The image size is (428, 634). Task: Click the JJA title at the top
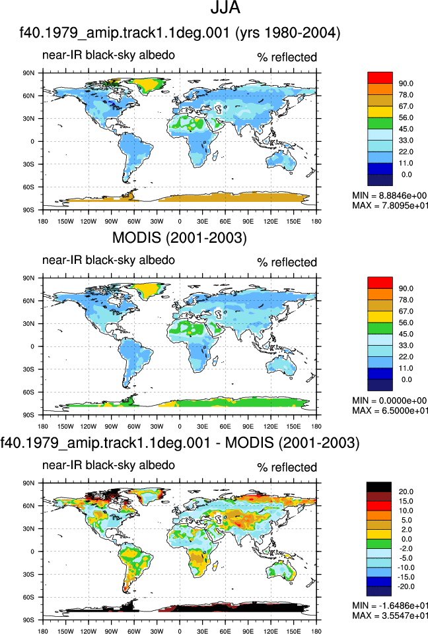click(225, 7)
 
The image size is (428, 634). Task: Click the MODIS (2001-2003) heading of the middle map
click(180, 238)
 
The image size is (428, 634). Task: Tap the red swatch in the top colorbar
click(380, 78)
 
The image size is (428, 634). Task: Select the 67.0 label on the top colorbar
click(406, 106)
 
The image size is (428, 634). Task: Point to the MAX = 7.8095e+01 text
click(390, 205)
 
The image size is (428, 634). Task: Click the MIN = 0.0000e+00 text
click(390, 400)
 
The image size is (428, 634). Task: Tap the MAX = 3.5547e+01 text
click(390, 616)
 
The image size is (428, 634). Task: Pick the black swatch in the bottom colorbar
click(379, 487)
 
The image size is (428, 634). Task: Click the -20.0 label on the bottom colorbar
click(406, 586)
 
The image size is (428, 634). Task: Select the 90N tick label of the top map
click(29, 73)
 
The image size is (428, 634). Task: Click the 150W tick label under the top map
click(65, 221)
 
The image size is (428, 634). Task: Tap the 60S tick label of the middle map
click(29, 392)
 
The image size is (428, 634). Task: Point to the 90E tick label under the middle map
click(248, 426)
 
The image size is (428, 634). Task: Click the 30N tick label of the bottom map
click(29, 528)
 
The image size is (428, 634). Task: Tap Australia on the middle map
click(281, 365)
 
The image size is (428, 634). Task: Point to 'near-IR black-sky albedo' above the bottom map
click(108, 465)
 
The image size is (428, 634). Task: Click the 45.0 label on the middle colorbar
click(406, 334)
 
